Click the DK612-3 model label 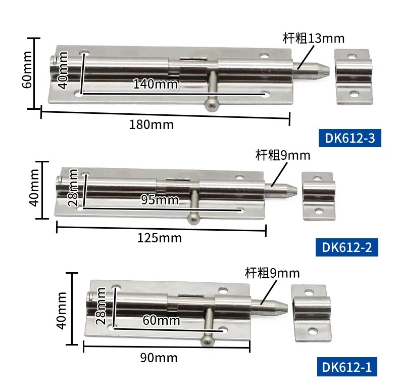click(x=350, y=138)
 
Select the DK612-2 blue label click(x=347, y=247)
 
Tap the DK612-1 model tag click(x=347, y=367)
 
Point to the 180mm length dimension click(x=152, y=124)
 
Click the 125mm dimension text click(x=160, y=238)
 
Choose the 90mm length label click(x=159, y=358)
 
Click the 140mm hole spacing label click(x=155, y=84)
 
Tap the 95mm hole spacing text click(x=160, y=200)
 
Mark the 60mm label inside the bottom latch click(x=161, y=320)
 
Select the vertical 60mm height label click(x=27, y=70)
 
